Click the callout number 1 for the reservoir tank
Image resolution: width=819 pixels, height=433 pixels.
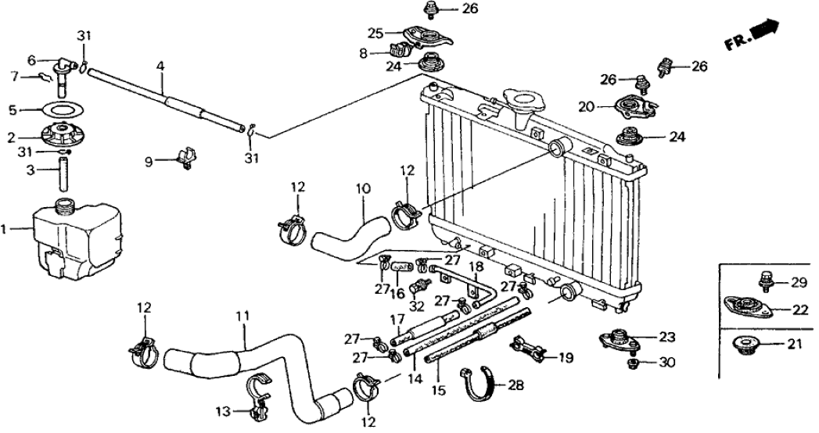[x=5, y=230]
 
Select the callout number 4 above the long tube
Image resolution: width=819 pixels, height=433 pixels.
[x=160, y=68]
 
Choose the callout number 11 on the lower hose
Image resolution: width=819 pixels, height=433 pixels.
[x=242, y=317]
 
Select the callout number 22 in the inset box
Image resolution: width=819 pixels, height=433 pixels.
[x=798, y=310]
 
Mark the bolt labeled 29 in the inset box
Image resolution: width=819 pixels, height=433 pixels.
[x=764, y=282]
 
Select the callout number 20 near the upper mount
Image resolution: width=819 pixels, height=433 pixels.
[x=586, y=106]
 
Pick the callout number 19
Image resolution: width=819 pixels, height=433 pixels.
[x=566, y=358]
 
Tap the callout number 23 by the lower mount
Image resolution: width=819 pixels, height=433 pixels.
[x=666, y=338]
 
